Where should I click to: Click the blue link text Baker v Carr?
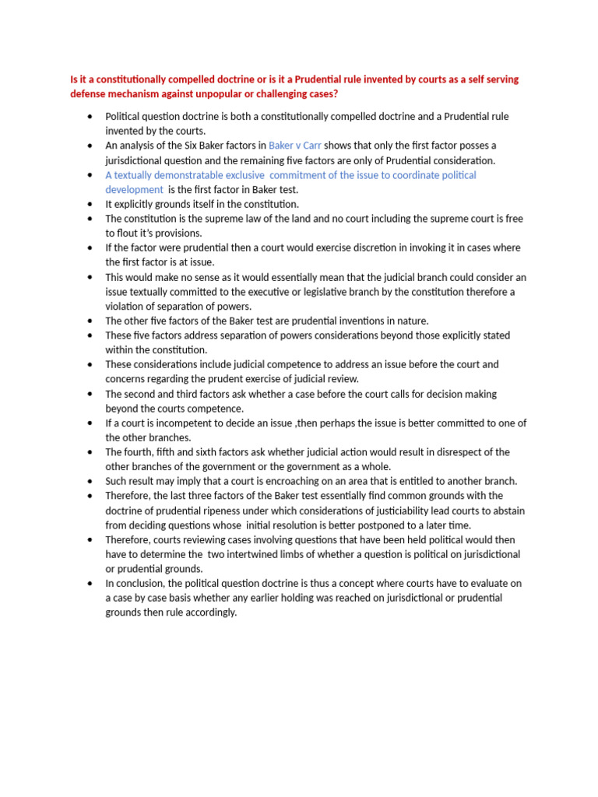(x=295, y=146)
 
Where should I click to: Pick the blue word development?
(x=135, y=189)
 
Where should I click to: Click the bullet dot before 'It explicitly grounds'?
(x=90, y=204)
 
